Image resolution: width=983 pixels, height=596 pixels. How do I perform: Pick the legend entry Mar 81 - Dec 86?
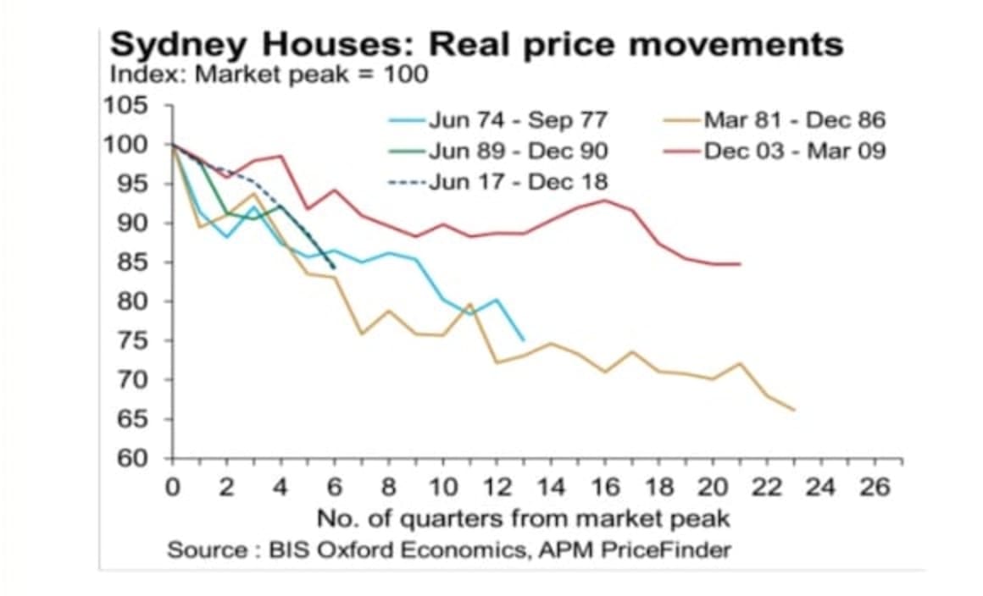[792, 119]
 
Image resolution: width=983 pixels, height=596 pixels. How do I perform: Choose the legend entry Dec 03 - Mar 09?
[792, 151]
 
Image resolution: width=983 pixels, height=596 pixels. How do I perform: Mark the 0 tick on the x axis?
[173, 488]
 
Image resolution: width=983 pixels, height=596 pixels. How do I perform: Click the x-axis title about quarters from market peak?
[523, 517]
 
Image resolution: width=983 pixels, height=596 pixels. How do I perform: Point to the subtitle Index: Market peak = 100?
[269, 74]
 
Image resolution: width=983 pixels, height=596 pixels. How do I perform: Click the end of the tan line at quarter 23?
[793, 410]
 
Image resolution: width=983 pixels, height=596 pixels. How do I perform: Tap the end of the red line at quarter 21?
[740, 264]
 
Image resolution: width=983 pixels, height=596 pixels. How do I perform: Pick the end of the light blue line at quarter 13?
[523, 339]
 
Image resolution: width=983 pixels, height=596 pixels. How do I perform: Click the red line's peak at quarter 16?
[604, 201]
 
